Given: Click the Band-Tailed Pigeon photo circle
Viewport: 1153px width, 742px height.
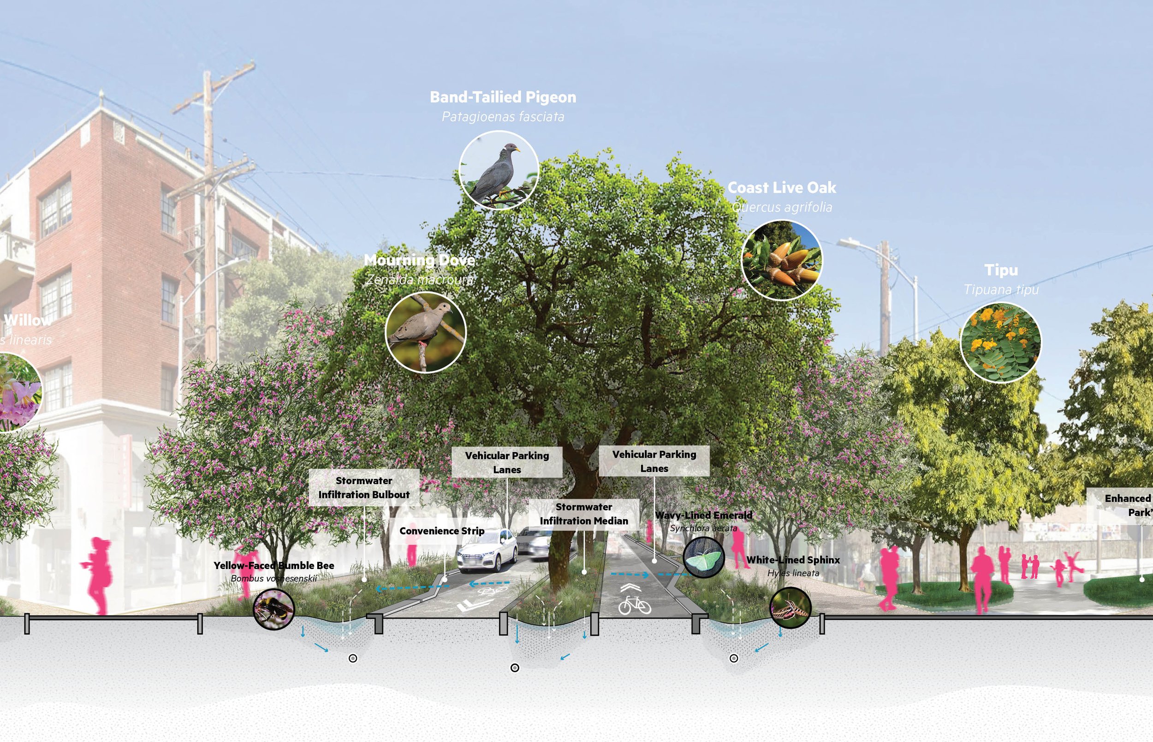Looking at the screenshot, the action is pos(498,170).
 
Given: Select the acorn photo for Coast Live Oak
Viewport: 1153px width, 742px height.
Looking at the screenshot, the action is pos(781,261).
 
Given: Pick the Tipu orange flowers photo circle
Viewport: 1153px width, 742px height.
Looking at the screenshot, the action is pos(1000,342).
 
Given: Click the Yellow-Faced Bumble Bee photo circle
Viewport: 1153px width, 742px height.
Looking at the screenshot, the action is pos(273,609).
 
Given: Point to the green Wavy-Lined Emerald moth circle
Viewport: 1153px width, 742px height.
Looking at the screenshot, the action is pos(703,557).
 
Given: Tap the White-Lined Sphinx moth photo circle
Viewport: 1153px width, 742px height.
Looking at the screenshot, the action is pos(790,608).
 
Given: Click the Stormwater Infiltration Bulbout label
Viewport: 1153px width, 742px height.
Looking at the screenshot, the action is pos(363,488).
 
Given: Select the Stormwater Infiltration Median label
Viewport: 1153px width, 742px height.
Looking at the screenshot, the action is pos(583,514).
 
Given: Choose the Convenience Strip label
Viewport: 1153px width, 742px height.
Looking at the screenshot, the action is pos(441,531).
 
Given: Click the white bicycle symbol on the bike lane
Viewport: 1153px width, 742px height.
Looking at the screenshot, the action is pos(635,604).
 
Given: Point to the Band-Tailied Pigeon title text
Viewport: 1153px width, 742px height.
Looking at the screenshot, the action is pos(503,97).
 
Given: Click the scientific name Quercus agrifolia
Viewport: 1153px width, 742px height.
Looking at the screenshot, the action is pos(782,207).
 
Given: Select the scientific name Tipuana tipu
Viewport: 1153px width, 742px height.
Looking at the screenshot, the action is pos(1001,290).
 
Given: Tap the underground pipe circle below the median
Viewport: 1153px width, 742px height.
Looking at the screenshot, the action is pos(515,668).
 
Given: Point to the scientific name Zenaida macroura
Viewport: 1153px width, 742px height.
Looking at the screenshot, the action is pos(419,280).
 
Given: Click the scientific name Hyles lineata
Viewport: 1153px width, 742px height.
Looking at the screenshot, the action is pos(793,574).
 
